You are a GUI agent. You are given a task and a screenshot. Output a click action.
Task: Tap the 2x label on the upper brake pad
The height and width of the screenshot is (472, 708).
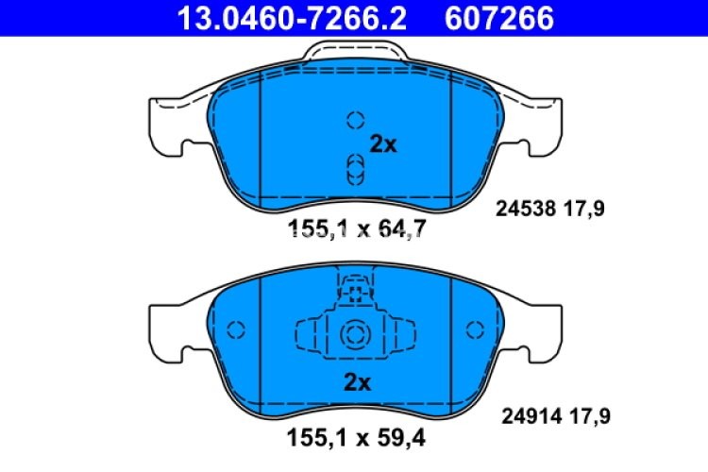384,145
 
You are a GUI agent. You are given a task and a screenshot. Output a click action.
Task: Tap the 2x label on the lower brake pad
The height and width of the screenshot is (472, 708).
357,382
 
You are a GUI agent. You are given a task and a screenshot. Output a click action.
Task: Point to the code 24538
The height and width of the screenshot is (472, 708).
522,211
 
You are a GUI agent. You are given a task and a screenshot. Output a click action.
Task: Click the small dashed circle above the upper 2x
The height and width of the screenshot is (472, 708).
355,120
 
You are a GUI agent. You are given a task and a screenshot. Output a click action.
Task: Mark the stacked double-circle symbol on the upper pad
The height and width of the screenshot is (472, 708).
355,170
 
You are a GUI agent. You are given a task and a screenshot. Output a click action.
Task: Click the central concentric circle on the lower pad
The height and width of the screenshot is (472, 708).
355,333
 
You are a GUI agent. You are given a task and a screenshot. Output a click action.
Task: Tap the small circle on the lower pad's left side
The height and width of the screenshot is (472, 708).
236,329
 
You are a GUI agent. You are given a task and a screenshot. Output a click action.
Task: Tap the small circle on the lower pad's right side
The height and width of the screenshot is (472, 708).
474,329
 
